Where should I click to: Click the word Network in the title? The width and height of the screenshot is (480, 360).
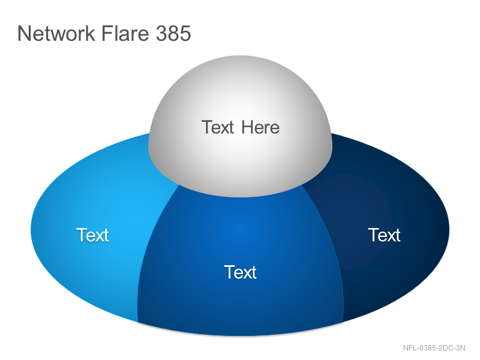(x=56, y=33)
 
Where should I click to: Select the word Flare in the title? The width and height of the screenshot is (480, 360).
(x=125, y=33)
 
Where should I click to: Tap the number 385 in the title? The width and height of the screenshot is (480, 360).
(x=173, y=33)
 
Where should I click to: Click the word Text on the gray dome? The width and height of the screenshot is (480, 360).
(x=218, y=127)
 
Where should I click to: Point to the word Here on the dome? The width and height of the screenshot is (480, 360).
(x=260, y=127)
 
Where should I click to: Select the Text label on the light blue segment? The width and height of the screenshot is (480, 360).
(x=92, y=235)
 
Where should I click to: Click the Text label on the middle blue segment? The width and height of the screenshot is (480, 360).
(x=241, y=272)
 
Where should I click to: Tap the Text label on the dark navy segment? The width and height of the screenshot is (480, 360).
(x=384, y=235)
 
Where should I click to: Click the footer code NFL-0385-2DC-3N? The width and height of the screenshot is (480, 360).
(x=434, y=348)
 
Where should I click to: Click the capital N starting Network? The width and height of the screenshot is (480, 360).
(x=23, y=34)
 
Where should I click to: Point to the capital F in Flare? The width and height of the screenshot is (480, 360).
(x=107, y=34)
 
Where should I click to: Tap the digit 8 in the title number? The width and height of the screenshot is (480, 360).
(x=173, y=34)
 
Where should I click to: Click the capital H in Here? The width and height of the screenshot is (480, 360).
(x=247, y=127)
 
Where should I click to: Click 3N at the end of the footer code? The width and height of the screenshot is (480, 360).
(x=461, y=348)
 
